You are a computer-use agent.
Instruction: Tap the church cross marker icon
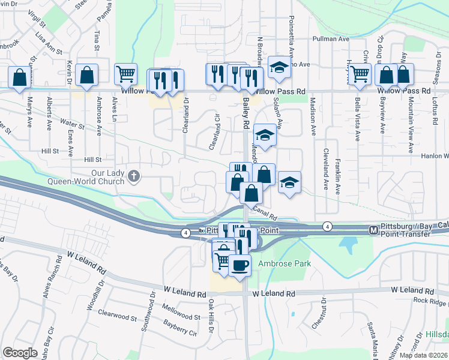[133, 176]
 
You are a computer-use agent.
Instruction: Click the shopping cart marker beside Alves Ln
[126, 74]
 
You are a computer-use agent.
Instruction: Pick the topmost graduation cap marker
[279, 67]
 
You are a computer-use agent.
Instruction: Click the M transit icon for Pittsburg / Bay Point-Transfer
[373, 230]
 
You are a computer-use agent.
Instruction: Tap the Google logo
[20, 353]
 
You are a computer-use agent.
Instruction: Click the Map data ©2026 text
[423, 355]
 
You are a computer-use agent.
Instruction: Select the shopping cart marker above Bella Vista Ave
[360, 74]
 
